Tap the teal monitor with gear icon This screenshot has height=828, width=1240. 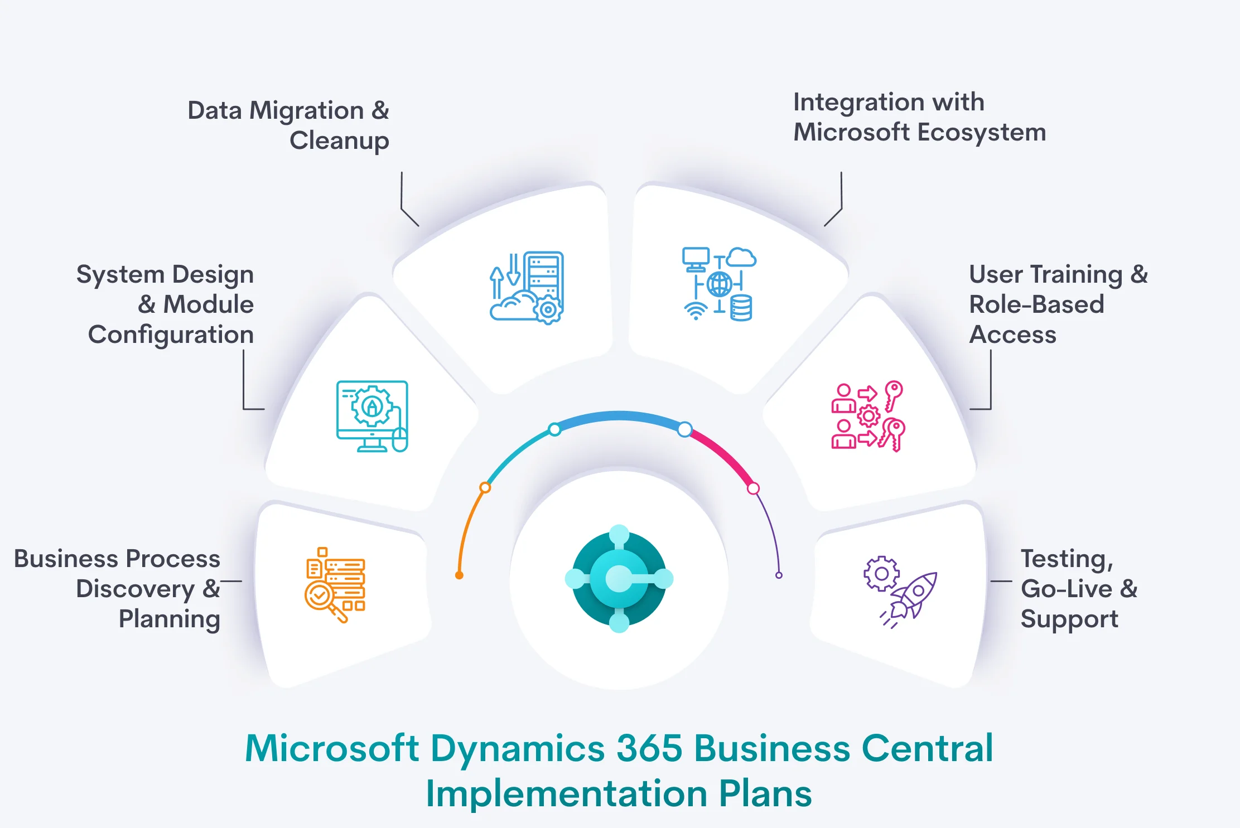372,416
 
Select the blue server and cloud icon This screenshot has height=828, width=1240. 527,288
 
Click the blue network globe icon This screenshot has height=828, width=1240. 720,284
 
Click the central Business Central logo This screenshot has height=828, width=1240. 619,579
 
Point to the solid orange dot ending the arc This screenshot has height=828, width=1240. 459,575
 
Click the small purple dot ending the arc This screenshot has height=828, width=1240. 779,575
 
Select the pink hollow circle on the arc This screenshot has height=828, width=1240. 753,488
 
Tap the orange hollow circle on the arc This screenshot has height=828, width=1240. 485,488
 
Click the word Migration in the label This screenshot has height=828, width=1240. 307,111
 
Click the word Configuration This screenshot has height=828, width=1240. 171,335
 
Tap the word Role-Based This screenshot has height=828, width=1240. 1036,304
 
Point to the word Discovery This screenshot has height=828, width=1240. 135,589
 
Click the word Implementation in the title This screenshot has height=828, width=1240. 567,793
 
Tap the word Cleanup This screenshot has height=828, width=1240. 339,141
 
